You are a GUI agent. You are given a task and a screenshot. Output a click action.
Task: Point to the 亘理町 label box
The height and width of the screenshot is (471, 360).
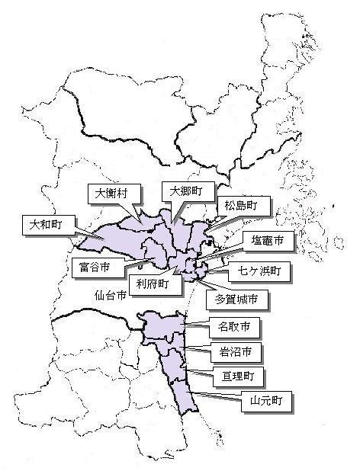point(238,376)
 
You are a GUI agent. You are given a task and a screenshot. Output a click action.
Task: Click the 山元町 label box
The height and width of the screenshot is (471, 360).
point(265,401)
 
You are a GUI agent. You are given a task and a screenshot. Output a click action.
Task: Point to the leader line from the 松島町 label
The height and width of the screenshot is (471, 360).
point(213,221)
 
